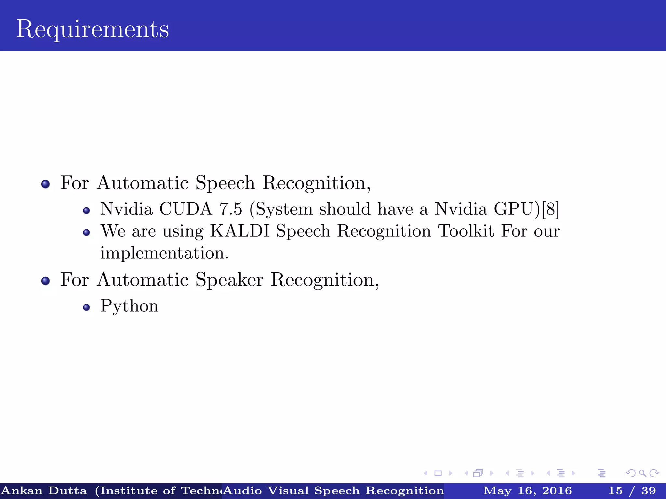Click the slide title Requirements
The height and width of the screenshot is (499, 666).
93,29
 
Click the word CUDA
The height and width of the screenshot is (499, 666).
186,209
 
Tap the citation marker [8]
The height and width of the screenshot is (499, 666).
551,209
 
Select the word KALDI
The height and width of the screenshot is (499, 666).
240,231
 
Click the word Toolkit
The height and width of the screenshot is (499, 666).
466,231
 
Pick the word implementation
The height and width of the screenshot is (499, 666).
165,253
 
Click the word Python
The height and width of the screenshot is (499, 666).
129,306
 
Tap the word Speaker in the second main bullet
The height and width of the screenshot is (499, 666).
229,280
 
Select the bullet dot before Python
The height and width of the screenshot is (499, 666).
86,307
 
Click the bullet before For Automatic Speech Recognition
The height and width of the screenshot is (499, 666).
46,184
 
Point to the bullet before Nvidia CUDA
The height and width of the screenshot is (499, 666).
86,211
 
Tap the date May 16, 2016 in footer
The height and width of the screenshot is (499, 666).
527,491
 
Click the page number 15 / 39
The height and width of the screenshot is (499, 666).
632,491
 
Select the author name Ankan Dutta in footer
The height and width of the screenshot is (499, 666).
44,491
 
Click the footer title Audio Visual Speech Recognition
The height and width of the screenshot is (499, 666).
334,491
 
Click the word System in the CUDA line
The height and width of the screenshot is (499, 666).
284,209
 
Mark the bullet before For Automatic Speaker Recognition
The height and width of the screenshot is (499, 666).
46,281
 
